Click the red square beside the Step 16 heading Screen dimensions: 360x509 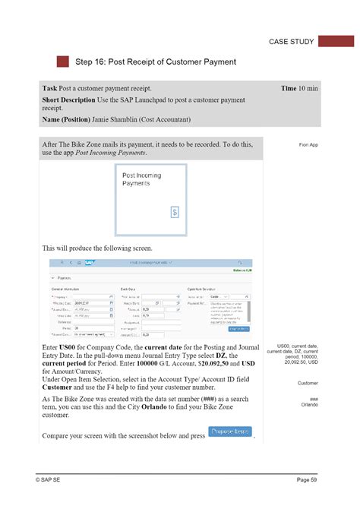pos(63,62)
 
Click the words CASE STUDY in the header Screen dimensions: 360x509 pos(291,42)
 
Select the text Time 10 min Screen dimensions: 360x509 pos(299,89)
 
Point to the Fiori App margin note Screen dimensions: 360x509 pos(308,144)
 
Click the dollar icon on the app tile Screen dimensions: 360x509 pos(173,212)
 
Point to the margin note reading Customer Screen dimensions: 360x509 pos(308,384)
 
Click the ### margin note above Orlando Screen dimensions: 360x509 pos(313,399)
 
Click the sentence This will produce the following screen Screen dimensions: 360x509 pos(98,248)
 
